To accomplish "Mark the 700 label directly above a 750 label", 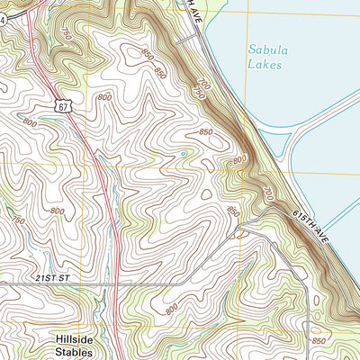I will tap(202, 84).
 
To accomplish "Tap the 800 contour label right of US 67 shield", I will tap(104, 96).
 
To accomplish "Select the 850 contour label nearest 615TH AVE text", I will tap(232, 211).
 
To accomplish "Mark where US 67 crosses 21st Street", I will tap(117, 284).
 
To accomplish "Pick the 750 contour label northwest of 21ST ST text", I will tap(15, 219).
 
